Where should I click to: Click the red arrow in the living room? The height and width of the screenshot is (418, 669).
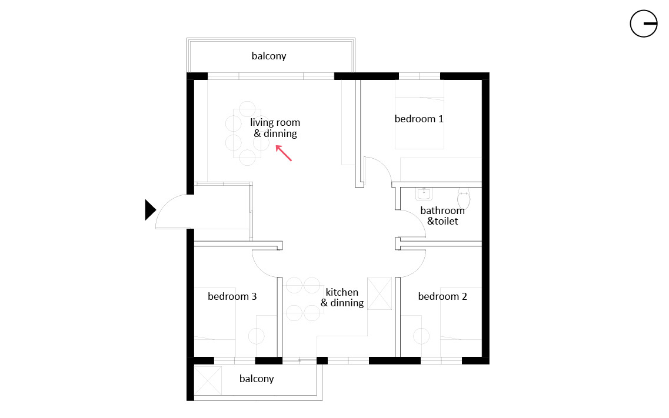[x=284, y=153]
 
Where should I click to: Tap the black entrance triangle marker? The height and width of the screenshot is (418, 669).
[x=150, y=210]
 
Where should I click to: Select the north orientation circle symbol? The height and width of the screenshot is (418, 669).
[x=643, y=24]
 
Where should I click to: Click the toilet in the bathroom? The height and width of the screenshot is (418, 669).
[x=464, y=198]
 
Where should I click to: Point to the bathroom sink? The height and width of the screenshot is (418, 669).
[x=424, y=194]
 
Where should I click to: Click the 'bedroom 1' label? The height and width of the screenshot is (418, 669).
[x=419, y=119]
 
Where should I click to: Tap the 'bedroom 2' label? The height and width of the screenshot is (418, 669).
[x=442, y=296]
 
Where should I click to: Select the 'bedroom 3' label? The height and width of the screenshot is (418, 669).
[x=232, y=296]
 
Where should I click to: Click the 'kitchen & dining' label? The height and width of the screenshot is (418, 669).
[x=342, y=297]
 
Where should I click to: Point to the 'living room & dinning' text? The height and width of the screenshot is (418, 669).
[x=275, y=128]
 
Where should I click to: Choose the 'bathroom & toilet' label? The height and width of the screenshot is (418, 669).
[x=442, y=216]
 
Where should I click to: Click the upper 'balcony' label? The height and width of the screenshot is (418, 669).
[x=269, y=56]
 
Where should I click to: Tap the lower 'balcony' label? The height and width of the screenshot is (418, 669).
[x=257, y=379]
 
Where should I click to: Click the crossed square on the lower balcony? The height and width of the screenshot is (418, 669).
[x=208, y=380]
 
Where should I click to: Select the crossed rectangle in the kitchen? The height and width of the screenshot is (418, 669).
[x=380, y=293]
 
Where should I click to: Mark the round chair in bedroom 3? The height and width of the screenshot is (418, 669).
[x=257, y=336]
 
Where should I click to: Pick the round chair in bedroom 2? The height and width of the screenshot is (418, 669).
[x=421, y=336]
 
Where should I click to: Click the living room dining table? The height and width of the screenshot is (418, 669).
[x=247, y=134]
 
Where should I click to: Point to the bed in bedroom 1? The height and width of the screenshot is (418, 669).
[x=420, y=115]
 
